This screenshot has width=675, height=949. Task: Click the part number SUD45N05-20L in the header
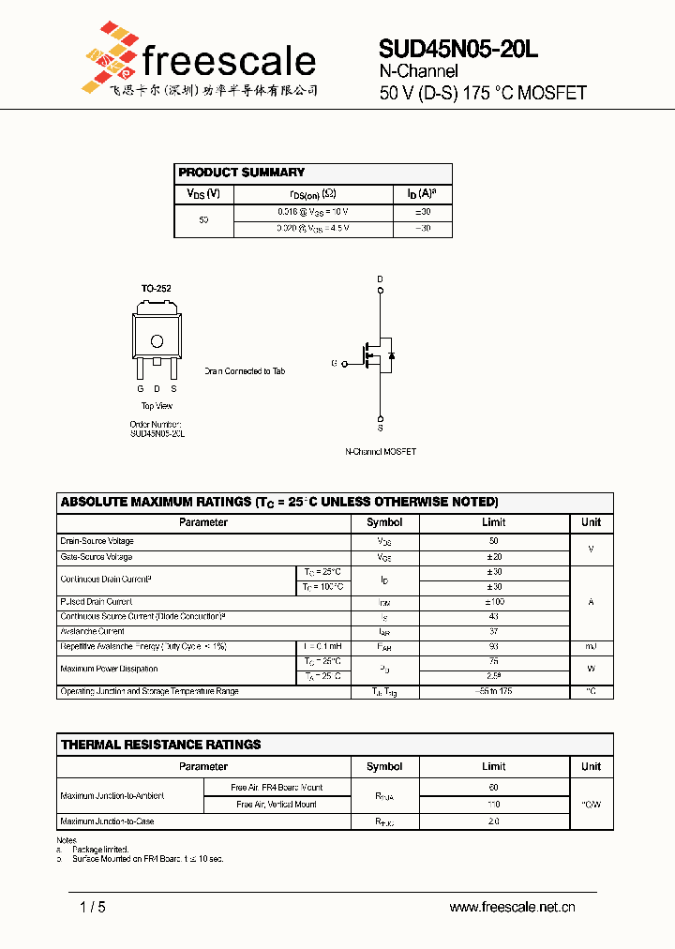pos(458,50)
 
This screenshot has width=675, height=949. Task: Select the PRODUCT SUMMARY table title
pos(242,173)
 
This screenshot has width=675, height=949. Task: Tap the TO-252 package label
pos(156,289)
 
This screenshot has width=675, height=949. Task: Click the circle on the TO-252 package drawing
pos(157,341)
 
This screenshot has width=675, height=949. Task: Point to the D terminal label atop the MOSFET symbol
pos(380,279)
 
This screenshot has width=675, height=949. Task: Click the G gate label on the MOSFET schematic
pos(334,363)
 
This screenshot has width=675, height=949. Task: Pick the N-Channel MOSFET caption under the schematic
pos(381,451)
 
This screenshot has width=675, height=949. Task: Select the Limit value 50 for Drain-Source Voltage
pos(493,541)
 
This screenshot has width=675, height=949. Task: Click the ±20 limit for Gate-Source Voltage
pos(493,557)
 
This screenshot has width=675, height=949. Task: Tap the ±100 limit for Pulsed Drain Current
pos(493,602)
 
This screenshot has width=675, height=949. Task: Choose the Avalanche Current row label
pos(92,631)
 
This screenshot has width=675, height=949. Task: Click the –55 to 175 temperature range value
pos(493,691)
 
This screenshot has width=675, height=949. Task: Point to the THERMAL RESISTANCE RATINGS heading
pos(161,745)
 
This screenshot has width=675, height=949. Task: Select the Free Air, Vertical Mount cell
pos(277,805)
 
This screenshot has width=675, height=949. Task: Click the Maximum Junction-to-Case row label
pos(107,821)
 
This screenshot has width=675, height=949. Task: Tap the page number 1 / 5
pos(93,907)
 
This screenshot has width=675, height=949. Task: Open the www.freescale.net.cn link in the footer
pos(512,907)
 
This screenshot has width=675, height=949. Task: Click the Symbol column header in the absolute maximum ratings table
pos(384,522)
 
